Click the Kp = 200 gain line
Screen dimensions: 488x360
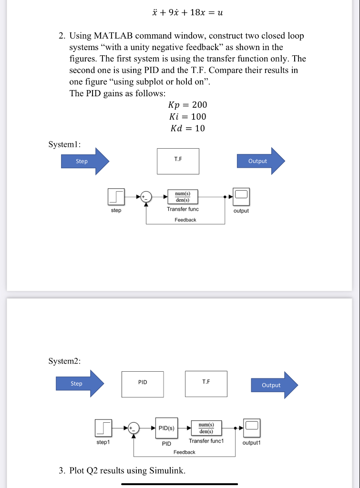[x=187, y=105]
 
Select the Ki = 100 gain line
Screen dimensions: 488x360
[x=187, y=117]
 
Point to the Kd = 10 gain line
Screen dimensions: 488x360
[x=187, y=128]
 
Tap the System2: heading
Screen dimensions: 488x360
[x=64, y=361]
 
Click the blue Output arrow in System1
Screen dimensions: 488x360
[x=260, y=161]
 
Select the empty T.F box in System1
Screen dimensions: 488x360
[x=178, y=161]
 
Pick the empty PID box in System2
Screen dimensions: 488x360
[x=143, y=384]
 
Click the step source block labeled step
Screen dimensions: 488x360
[x=116, y=196]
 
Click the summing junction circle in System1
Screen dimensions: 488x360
[x=146, y=196]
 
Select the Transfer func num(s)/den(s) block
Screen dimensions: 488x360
[x=183, y=196]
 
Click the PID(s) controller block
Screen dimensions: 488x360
[x=166, y=428]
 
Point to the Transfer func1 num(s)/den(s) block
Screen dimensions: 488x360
[x=206, y=427]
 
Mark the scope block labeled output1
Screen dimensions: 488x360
[x=252, y=427]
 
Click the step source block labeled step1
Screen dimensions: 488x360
[x=103, y=428]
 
